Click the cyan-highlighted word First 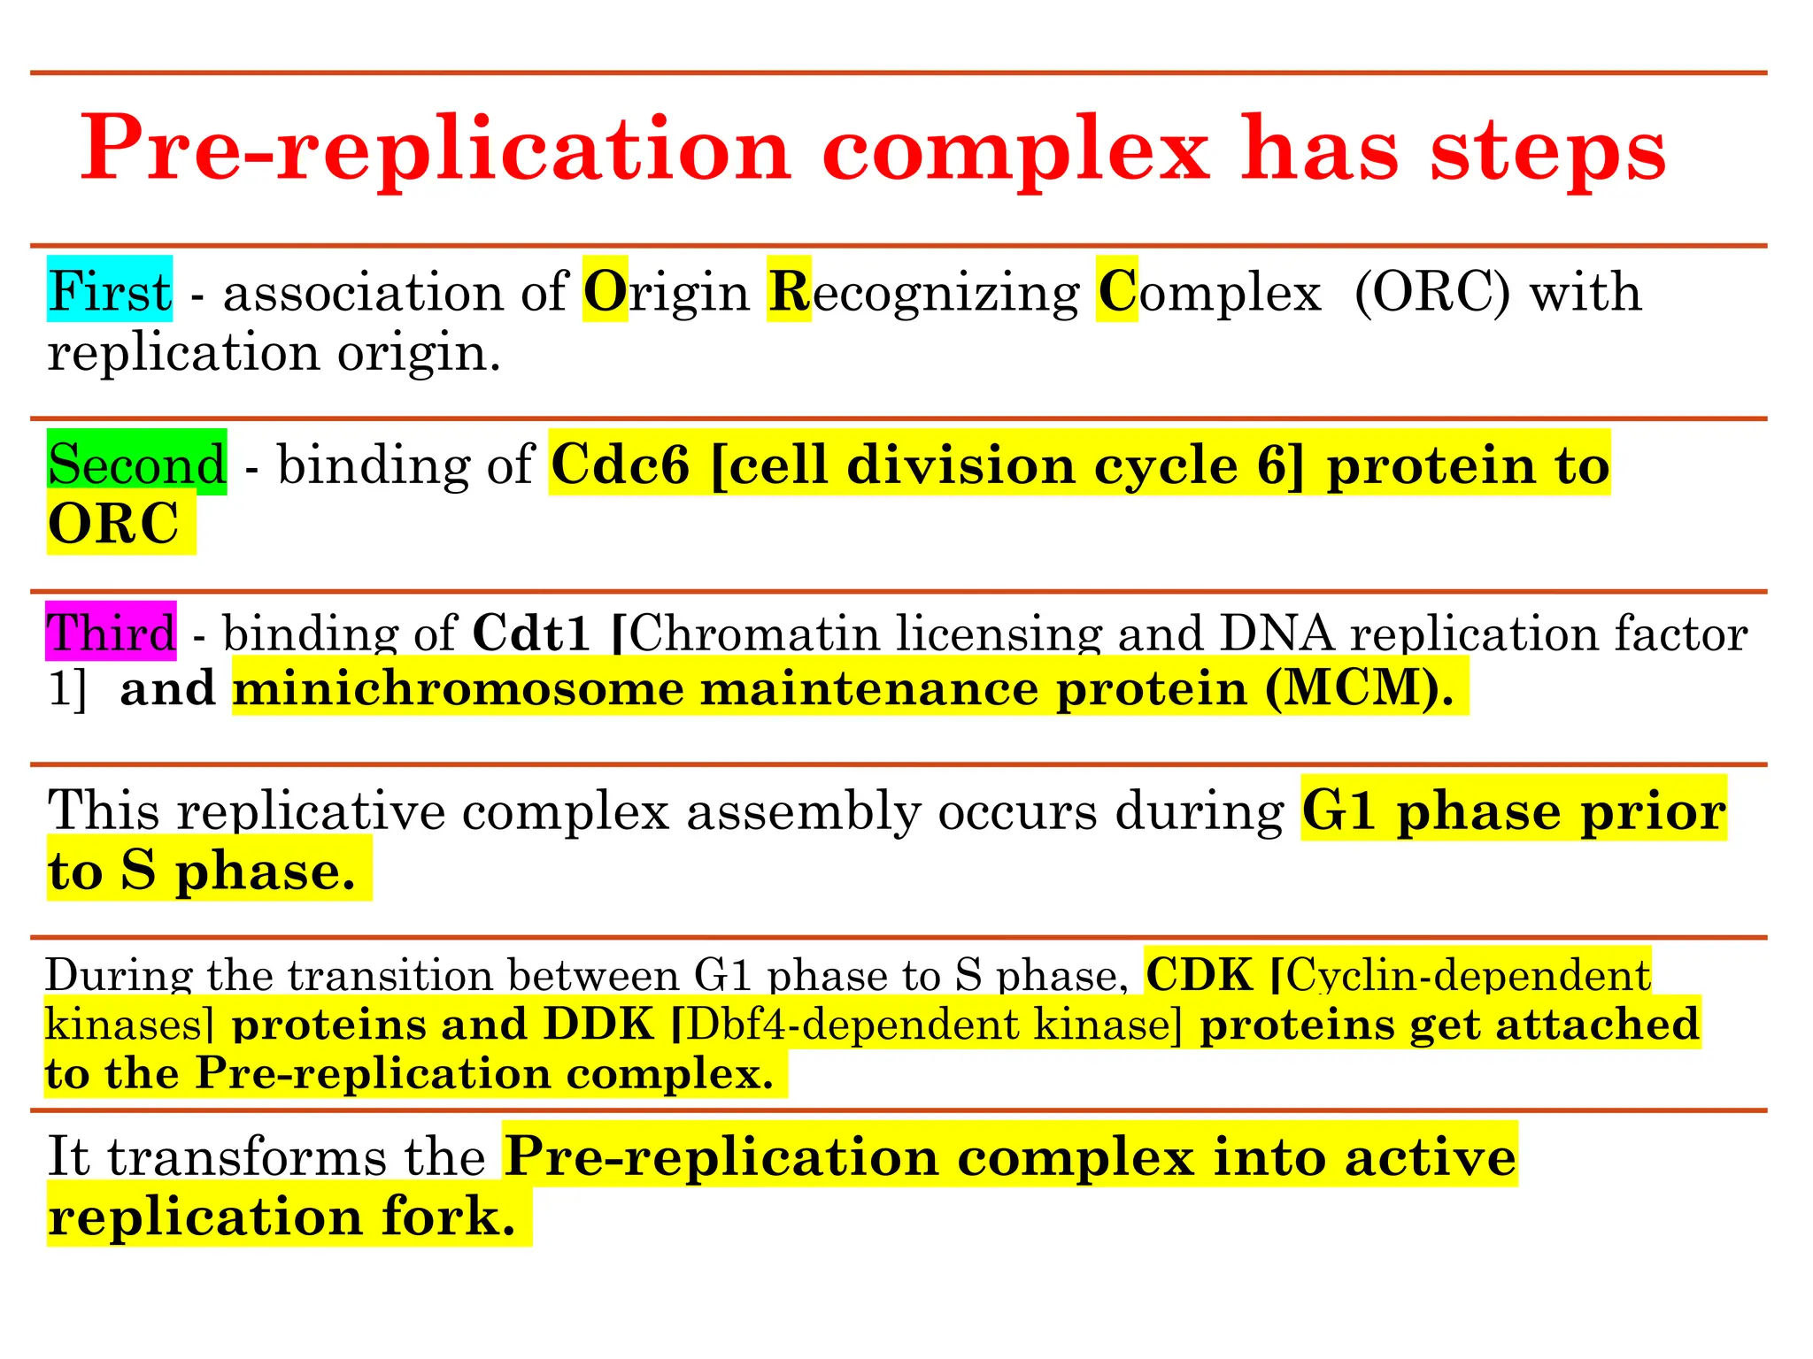click(110, 291)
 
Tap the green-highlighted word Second click(137, 464)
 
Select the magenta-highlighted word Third click(112, 633)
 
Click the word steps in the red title click(1548, 149)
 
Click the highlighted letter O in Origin click(605, 291)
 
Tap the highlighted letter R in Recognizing click(789, 291)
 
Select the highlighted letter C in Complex click(1116, 291)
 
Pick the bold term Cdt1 click(531, 633)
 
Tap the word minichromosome click(458, 687)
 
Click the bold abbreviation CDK click(1200, 975)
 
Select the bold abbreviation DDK click(598, 1025)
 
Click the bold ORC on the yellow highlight click(113, 524)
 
